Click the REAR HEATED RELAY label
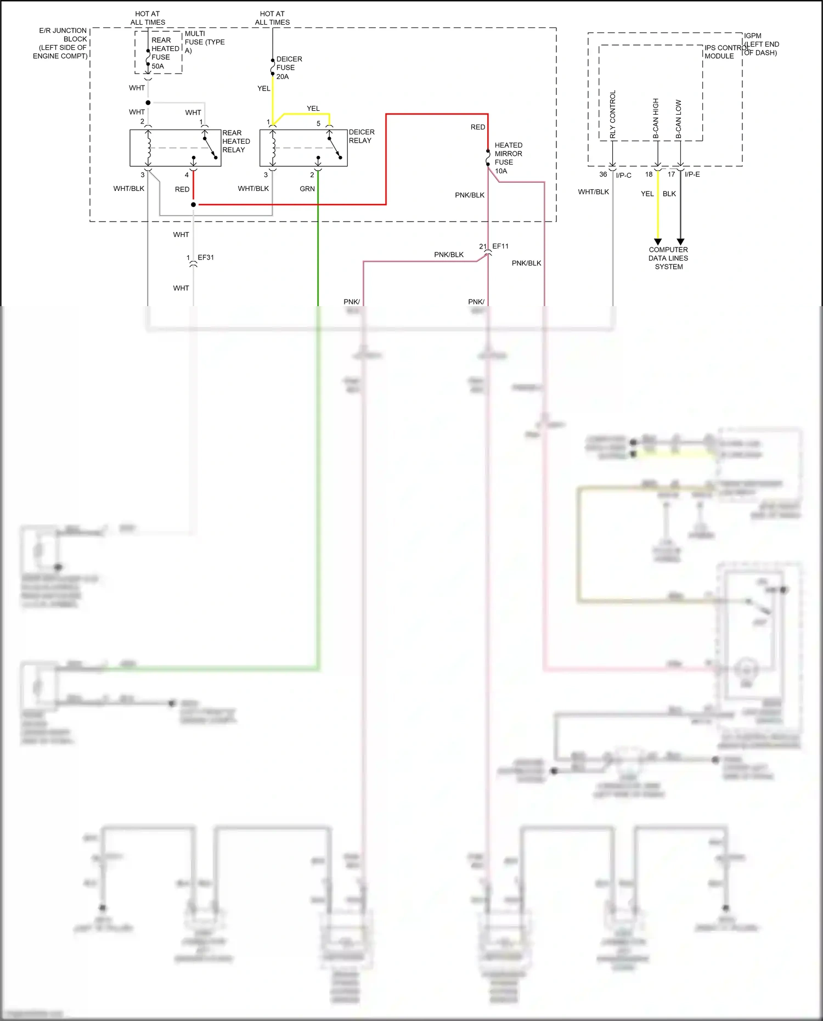pyautogui.click(x=236, y=141)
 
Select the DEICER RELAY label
pyautogui.click(x=362, y=136)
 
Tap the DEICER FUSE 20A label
pyautogui.click(x=289, y=67)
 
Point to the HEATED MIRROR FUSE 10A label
pyautogui.click(x=508, y=158)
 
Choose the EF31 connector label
pyautogui.click(x=206, y=257)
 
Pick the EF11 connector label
pyautogui.click(x=500, y=246)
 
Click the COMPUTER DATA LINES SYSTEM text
pyautogui.click(x=668, y=258)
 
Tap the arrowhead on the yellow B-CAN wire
pyautogui.click(x=658, y=242)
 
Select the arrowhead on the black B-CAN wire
pyautogui.click(x=680, y=242)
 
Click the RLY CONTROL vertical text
pyautogui.click(x=613, y=114)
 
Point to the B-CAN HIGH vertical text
pyautogui.click(x=656, y=118)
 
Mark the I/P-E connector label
pyautogui.click(x=692, y=174)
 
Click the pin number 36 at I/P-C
pyautogui.click(x=603, y=174)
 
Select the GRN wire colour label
pyautogui.click(x=307, y=189)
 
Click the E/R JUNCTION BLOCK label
pyautogui.click(x=60, y=43)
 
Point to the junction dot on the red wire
pyautogui.click(x=193, y=205)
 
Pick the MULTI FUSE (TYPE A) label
pyautogui.click(x=204, y=42)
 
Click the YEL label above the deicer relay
pyautogui.click(x=313, y=109)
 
